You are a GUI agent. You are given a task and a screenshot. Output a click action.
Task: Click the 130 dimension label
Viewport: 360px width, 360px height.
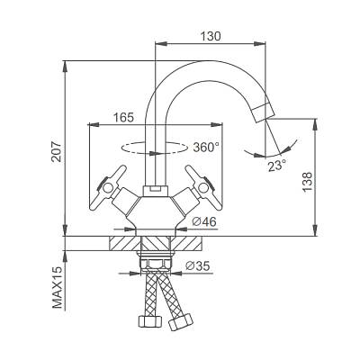[211, 36]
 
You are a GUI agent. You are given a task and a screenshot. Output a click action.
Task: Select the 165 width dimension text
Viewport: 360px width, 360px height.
[123, 117]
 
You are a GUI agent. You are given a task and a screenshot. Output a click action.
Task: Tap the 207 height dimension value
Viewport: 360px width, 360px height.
[56, 151]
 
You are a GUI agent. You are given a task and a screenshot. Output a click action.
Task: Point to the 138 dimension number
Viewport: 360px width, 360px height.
[307, 183]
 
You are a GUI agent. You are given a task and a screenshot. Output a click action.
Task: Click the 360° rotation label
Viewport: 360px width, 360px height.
[206, 148]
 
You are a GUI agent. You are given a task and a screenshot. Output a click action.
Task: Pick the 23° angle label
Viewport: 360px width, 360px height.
[277, 166]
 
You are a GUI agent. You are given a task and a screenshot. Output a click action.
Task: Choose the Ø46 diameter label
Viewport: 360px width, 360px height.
[204, 221]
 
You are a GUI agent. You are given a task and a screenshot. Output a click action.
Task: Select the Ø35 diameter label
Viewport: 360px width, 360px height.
[197, 265]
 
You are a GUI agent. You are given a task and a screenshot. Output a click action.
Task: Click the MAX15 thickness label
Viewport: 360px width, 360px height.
[58, 287]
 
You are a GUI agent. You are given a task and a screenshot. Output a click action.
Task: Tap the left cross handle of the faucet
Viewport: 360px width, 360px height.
[107, 188]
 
